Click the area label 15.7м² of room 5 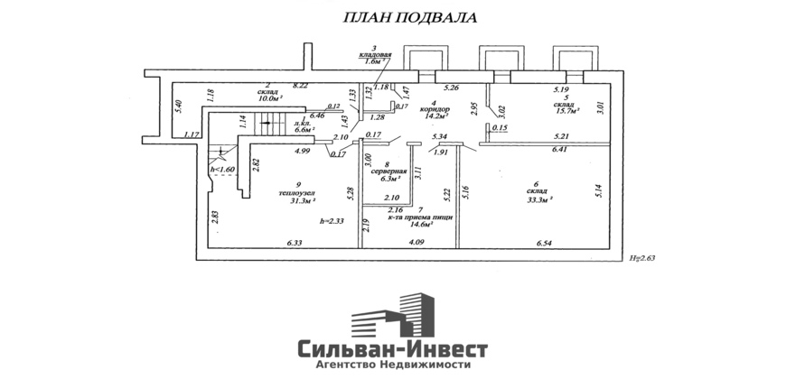tap(566, 110)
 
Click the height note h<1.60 tap(222, 169)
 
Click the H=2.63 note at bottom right tap(642, 258)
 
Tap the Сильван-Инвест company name tap(393, 348)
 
